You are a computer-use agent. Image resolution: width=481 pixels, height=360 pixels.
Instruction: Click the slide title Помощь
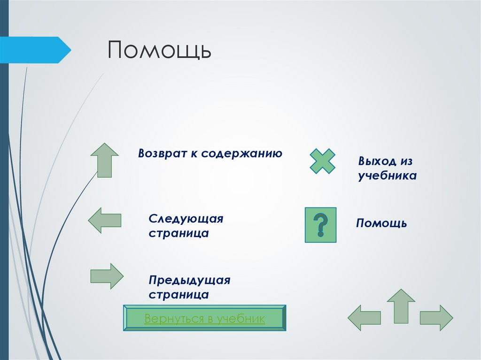(x=160, y=50)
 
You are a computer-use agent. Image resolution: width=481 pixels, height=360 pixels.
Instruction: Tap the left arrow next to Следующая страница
(x=104, y=220)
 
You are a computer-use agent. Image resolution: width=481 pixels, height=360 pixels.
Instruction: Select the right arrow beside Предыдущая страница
(x=107, y=276)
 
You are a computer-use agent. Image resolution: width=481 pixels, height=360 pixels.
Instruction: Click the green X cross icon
(x=322, y=161)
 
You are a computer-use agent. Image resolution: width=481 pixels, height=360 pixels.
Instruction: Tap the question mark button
(x=320, y=225)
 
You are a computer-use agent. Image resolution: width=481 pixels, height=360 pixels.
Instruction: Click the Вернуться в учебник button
(x=205, y=319)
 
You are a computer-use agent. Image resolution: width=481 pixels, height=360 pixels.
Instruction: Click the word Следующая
(x=186, y=219)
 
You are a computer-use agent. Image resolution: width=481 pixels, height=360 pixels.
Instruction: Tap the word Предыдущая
(x=190, y=280)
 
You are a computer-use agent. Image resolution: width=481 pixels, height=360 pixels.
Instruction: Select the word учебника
(x=388, y=176)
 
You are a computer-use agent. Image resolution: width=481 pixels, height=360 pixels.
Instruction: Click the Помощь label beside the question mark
(x=381, y=223)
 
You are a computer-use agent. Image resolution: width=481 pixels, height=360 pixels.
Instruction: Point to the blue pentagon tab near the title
(x=36, y=50)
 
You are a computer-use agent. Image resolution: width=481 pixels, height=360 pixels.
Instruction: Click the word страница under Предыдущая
(x=179, y=295)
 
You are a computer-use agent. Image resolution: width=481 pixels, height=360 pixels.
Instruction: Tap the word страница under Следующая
(x=179, y=233)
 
